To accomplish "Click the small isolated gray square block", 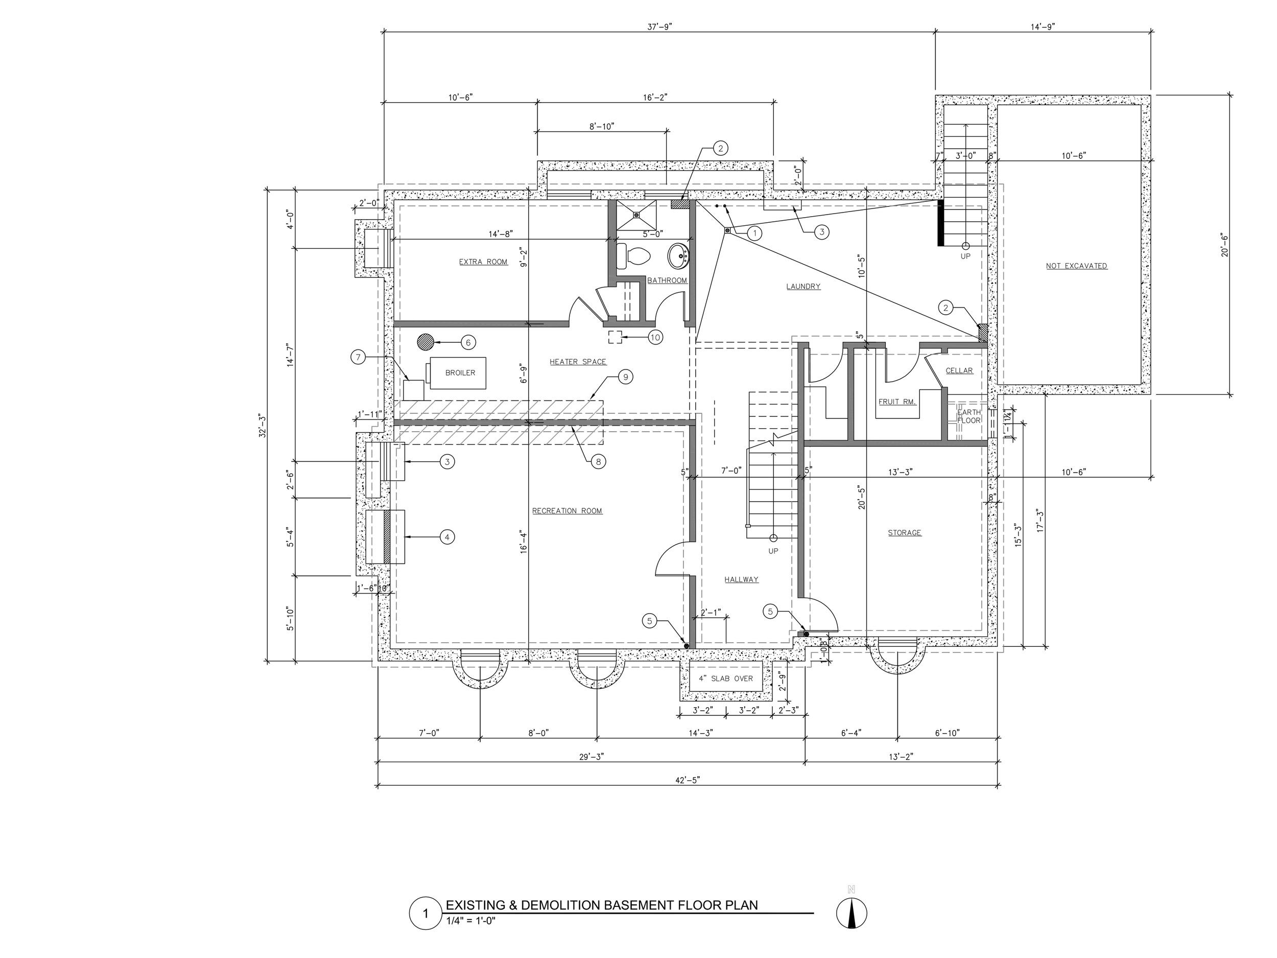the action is tap(801, 634).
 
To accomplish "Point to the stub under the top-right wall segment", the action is tap(944, 350).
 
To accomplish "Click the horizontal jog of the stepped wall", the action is tap(629, 279).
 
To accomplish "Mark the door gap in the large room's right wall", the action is tap(693, 559).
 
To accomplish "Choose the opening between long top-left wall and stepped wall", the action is tap(586, 324).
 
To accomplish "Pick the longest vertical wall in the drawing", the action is tap(801, 471).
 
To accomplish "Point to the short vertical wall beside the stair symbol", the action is tap(944, 414).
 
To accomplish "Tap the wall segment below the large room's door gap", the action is tap(693, 612).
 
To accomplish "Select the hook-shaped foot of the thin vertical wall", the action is tap(689, 324).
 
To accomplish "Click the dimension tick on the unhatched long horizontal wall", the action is tap(528, 324).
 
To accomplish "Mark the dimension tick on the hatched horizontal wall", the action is tap(528, 423).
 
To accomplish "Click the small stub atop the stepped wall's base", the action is tap(612, 319).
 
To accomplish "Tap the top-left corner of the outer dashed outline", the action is tap(378, 184).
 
